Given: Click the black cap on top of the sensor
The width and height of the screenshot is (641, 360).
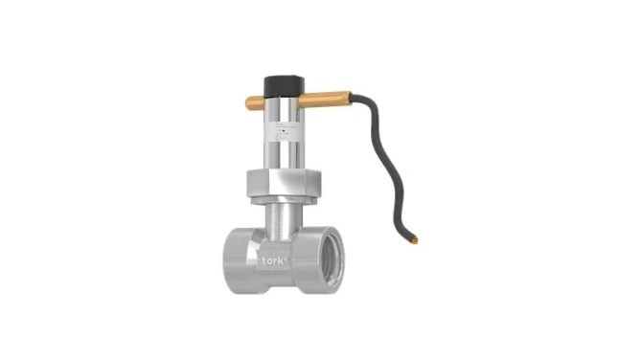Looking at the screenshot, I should tap(282, 79).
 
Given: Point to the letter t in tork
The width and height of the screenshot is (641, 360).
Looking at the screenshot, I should tap(263, 259).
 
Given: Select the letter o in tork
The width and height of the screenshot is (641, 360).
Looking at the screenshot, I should tap(270, 260).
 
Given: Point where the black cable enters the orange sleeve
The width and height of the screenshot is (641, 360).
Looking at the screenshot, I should tap(352, 96).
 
